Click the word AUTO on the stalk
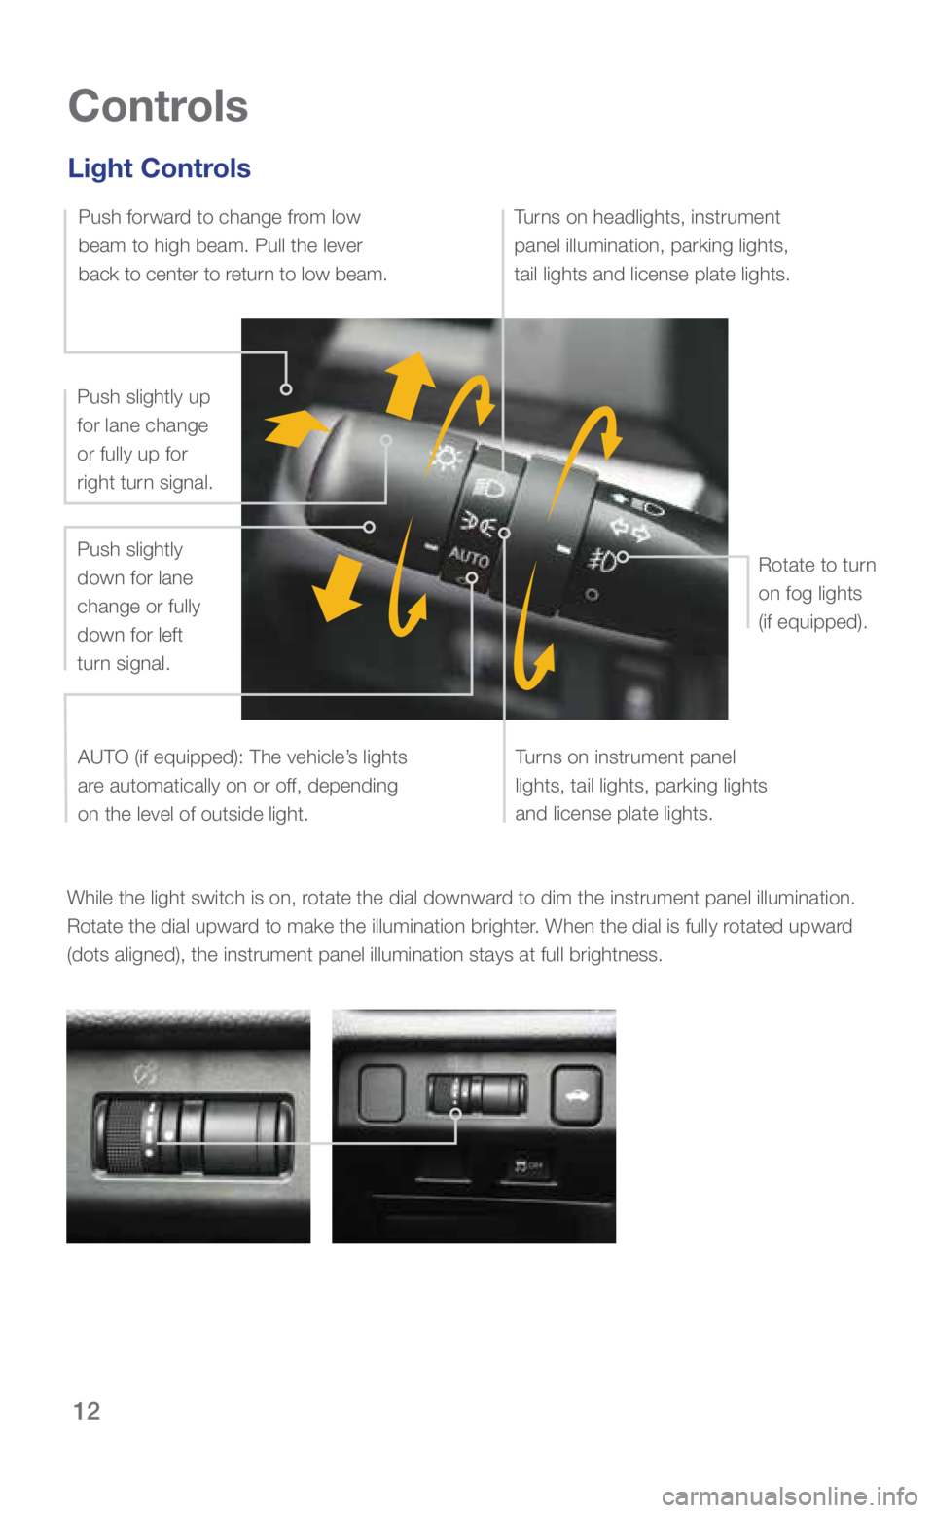468,557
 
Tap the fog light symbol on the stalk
603,560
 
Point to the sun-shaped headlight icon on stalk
446,457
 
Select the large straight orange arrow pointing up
410,384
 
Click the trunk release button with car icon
575,1096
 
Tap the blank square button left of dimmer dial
381,1092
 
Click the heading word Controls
158,106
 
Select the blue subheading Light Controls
160,168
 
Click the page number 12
87,1411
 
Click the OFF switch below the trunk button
528,1166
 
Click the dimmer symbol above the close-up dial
146,1075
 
